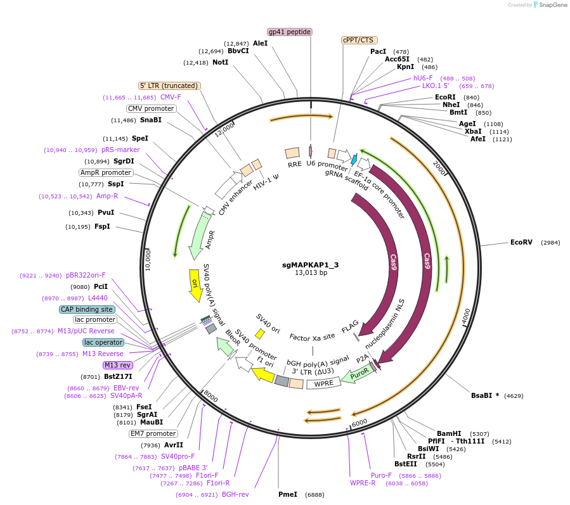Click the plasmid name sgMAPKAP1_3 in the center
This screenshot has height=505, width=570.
click(x=310, y=265)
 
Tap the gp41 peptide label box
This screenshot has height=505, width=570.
click(x=290, y=32)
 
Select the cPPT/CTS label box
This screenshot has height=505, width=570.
click(x=358, y=40)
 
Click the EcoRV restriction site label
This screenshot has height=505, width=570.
click(x=522, y=243)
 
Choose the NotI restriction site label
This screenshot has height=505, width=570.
click(x=220, y=62)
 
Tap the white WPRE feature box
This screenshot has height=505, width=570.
click(x=323, y=383)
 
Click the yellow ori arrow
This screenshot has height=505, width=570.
click(x=195, y=284)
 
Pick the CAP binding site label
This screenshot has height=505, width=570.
click(x=87, y=310)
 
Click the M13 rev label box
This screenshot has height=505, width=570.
click(x=117, y=365)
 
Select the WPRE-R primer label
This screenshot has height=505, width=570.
click(x=363, y=483)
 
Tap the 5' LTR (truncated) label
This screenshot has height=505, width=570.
click(x=169, y=86)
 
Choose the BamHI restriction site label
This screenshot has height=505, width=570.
click(x=449, y=433)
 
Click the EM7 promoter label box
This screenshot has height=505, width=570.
click(x=152, y=434)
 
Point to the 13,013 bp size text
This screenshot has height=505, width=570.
click(x=311, y=273)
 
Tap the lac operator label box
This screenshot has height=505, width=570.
click(x=103, y=342)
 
